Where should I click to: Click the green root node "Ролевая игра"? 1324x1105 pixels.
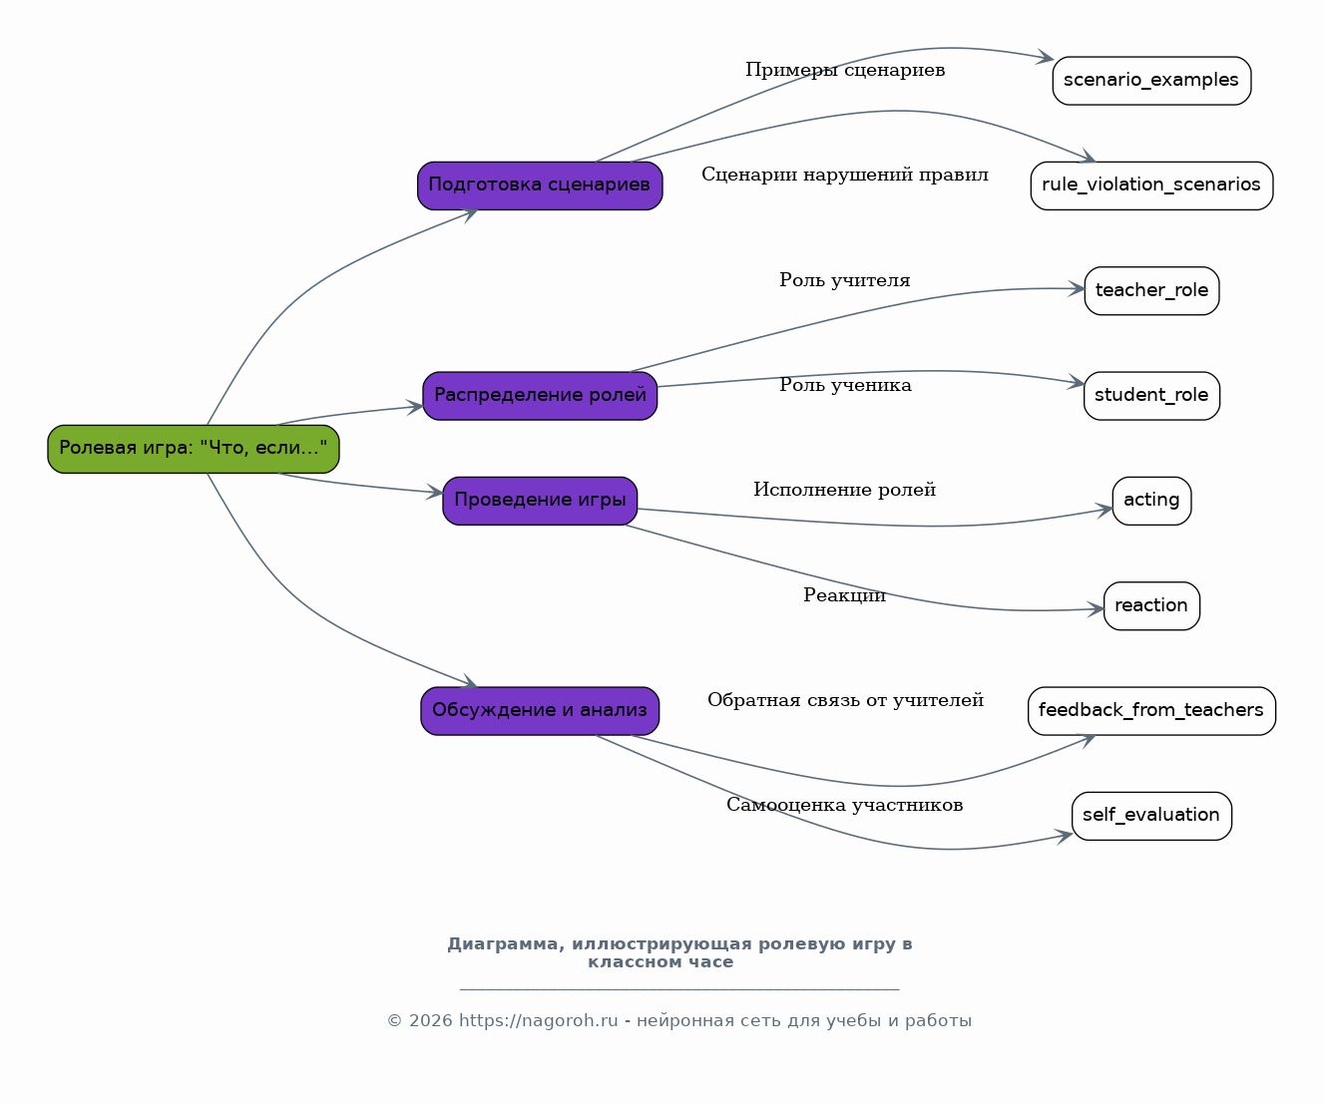click(x=194, y=449)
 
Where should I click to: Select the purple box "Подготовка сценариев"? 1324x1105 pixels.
click(x=540, y=185)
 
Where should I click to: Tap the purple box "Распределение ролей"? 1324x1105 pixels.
click(x=540, y=396)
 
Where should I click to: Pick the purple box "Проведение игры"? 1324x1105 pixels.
click(x=540, y=501)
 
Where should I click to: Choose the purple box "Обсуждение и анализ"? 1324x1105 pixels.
click(x=540, y=711)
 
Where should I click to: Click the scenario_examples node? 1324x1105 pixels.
click(x=1151, y=81)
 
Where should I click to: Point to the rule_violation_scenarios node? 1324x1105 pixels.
click(x=1151, y=185)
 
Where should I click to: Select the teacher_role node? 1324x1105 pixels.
click(x=1151, y=290)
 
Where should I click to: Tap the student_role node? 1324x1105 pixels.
click(x=1151, y=396)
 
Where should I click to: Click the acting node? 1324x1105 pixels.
click(x=1151, y=501)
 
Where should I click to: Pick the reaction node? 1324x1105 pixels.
click(x=1151, y=605)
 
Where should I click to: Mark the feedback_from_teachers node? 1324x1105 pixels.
click(x=1151, y=711)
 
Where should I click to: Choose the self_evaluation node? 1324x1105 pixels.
click(x=1151, y=816)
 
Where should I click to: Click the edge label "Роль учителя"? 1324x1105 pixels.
click(x=845, y=280)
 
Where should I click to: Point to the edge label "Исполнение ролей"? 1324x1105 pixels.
click(x=845, y=490)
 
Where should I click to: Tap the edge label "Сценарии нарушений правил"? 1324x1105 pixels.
click(x=845, y=175)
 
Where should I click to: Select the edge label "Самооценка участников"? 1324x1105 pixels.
click(x=845, y=805)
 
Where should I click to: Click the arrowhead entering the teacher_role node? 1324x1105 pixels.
click(x=1078, y=289)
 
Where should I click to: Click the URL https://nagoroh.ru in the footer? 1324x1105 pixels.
click(x=539, y=1020)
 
